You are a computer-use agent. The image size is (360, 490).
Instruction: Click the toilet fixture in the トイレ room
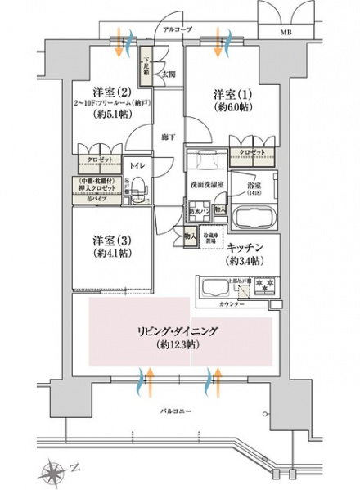[x=137, y=187]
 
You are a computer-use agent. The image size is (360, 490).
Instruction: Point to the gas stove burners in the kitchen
[x=263, y=286]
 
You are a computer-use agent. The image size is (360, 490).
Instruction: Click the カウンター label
[x=232, y=303]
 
